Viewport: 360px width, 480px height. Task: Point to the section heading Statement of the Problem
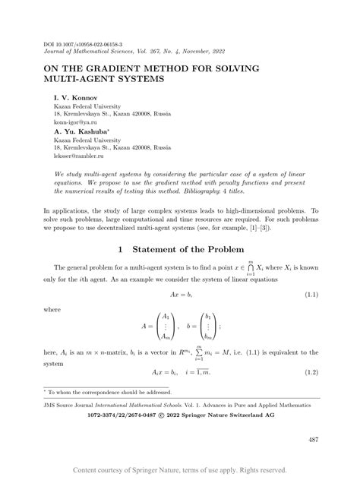click(x=179, y=248)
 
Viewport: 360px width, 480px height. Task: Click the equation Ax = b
click(x=179, y=292)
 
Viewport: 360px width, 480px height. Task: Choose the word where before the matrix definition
click(x=53, y=309)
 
